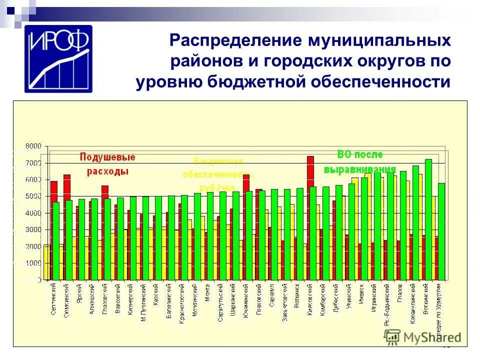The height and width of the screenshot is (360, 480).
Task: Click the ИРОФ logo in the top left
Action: point(58,58)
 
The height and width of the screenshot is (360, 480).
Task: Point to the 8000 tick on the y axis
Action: point(34,146)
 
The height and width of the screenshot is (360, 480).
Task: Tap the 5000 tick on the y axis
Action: point(34,196)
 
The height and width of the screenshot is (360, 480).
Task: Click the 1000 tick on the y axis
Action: point(34,263)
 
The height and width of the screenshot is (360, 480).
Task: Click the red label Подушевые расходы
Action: point(107,163)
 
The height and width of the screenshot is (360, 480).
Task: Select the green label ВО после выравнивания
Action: point(359,161)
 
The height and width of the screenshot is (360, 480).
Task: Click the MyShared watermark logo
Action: point(422,336)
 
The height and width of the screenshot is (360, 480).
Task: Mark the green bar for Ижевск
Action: point(364,227)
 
